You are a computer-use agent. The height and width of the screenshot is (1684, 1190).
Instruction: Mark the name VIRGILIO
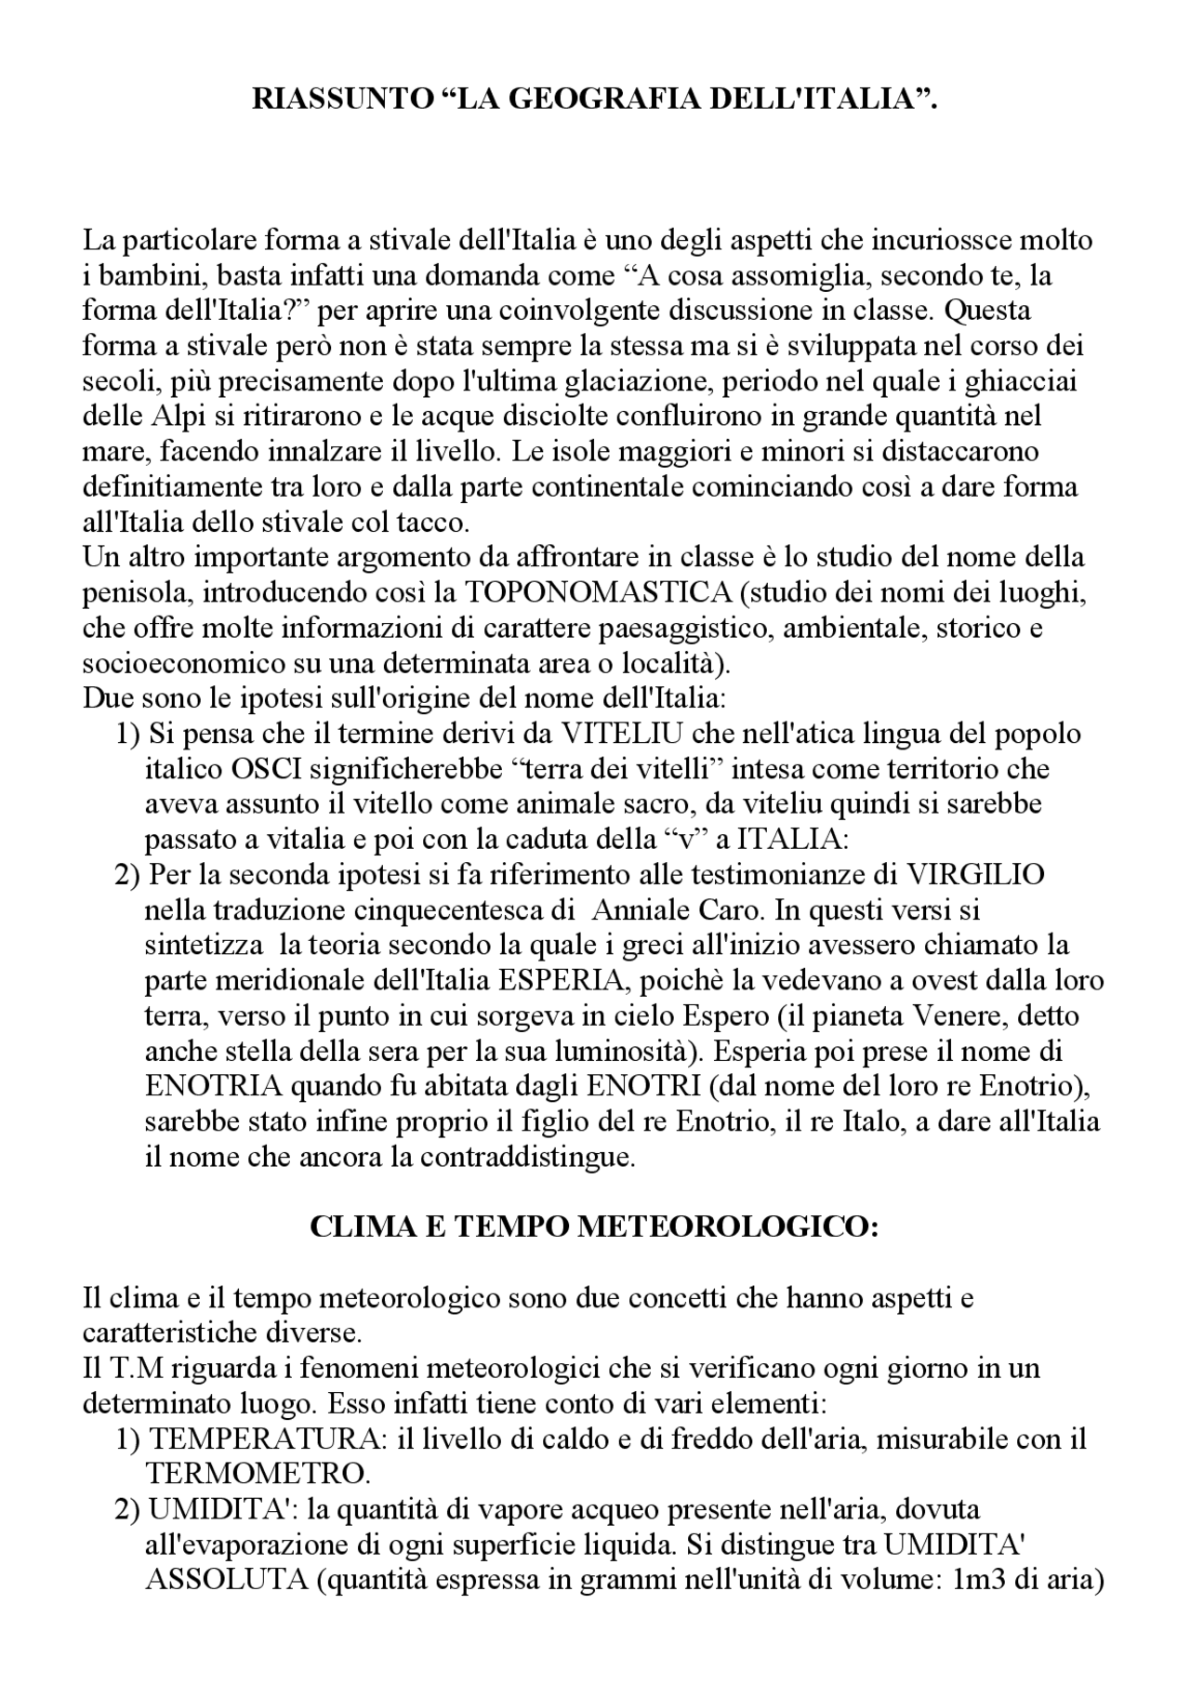tap(975, 875)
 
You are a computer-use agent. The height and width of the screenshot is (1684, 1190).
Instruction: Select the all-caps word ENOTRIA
tap(205, 1086)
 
